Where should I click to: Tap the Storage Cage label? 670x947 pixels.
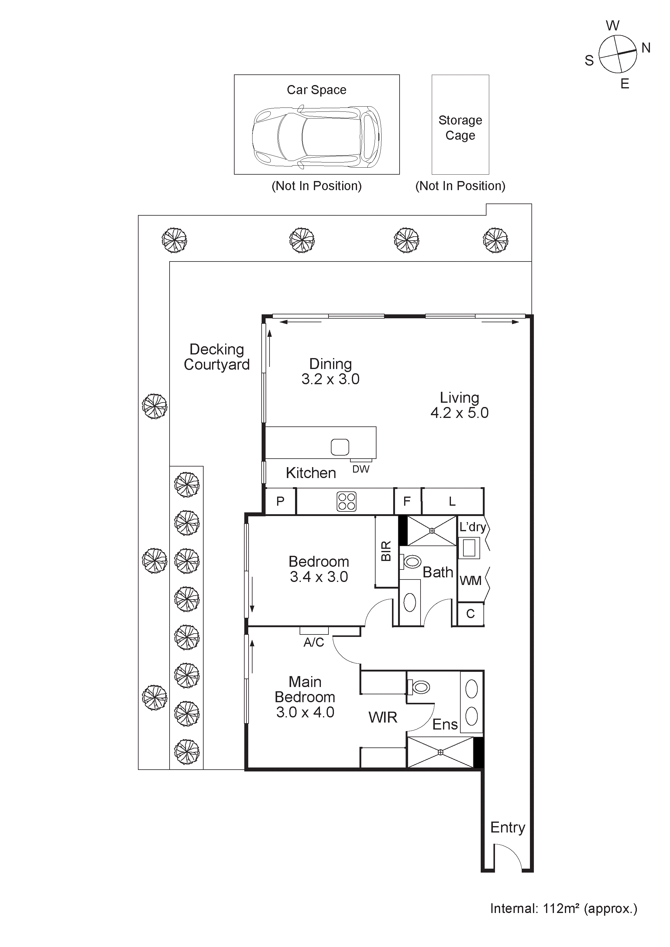(x=460, y=128)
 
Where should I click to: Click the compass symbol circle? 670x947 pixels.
(x=618, y=54)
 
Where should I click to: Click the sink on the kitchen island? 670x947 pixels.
(x=340, y=447)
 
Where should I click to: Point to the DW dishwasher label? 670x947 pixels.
(x=361, y=469)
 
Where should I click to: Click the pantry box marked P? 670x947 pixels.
(x=280, y=501)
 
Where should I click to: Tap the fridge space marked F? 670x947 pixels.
(x=407, y=501)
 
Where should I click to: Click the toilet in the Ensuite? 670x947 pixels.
(x=420, y=687)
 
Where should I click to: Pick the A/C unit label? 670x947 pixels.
(x=314, y=642)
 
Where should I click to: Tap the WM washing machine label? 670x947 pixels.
(x=470, y=581)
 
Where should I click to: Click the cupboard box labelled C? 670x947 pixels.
(x=470, y=614)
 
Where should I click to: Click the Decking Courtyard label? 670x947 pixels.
(x=217, y=357)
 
